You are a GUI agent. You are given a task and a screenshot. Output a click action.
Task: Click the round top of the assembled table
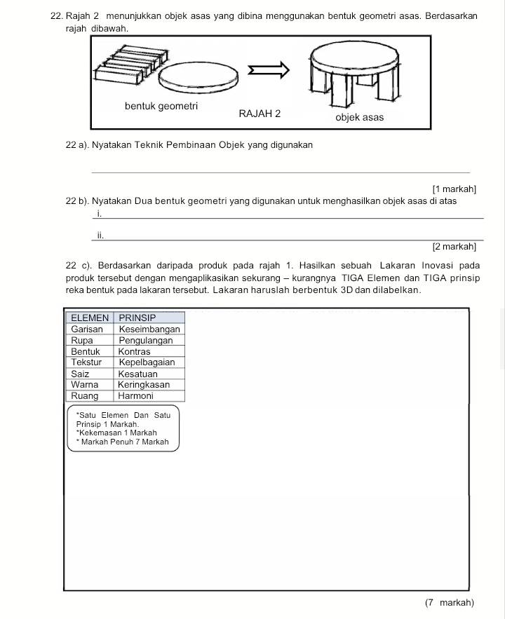[357, 55]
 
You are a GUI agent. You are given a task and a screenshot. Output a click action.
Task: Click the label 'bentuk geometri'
[161, 107]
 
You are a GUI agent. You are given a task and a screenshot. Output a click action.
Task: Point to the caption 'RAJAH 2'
[260, 114]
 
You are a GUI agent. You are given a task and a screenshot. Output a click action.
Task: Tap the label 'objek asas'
[359, 117]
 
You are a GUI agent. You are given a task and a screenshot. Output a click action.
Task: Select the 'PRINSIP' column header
[137, 318]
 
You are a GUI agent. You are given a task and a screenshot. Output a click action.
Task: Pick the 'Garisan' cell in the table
[88, 329]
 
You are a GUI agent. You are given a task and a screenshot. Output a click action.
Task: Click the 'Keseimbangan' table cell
[149, 329]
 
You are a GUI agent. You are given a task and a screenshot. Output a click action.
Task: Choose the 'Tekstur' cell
[87, 362]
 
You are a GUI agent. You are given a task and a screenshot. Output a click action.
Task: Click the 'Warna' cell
[86, 385]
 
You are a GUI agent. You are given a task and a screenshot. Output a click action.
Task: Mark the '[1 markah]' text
[454, 189]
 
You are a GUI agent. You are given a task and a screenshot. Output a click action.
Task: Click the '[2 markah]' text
[454, 246]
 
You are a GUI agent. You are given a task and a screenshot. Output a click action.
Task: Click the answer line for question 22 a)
[281, 171]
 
